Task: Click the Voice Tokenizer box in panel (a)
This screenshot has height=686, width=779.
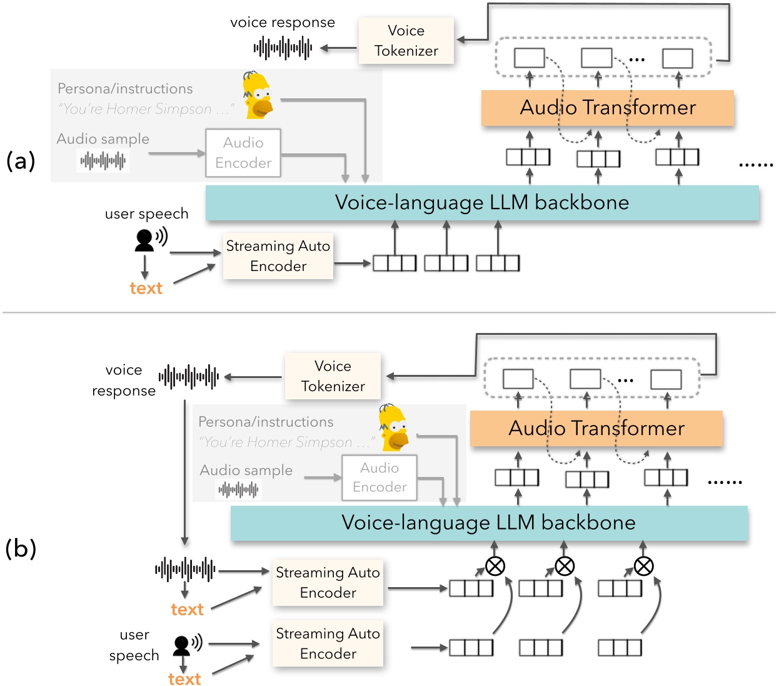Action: (x=406, y=41)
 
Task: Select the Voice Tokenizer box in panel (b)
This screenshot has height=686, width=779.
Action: (x=333, y=376)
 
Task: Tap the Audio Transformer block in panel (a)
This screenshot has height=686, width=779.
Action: (x=607, y=108)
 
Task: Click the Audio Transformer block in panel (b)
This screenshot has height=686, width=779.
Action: (x=596, y=428)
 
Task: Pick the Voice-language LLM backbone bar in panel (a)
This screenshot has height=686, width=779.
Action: (x=482, y=203)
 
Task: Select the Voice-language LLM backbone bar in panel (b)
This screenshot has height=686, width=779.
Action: (x=489, y=523)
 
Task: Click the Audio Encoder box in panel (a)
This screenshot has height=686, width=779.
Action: (x=243, y=153)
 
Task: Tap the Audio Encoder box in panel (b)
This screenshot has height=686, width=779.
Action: (x=379, y=478)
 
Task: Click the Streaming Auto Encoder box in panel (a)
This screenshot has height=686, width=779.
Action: (x=278, y=256)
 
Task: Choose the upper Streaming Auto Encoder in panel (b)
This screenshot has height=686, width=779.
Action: (x=328, y=583)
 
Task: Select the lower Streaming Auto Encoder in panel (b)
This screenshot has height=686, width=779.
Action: (x=328, y=643)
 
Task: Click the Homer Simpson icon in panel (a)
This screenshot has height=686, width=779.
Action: (x=258, y=95)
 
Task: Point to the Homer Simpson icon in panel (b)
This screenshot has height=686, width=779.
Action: (x=395, y=427)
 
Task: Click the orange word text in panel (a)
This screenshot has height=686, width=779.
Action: (x=146, y=288)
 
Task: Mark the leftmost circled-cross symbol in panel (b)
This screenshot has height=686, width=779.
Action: (x=495, y=566)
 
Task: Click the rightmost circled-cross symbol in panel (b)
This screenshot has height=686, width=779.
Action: (x=643, y=566)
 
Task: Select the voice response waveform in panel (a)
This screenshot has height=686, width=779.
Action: (x=283, y=48)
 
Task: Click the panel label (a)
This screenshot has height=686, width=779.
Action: (x=21, y=161)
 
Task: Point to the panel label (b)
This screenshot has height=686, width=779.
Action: (x=21, y=548)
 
